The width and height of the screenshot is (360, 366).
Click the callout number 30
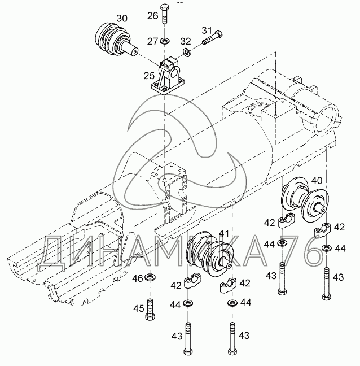pos(122,18)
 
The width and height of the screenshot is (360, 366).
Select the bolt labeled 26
pos(165,14)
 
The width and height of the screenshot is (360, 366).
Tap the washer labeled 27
pos(165,41)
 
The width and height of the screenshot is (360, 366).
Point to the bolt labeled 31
pos(212,38)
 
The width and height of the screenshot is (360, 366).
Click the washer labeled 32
pos(187,52)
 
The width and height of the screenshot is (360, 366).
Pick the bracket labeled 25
pos(168,77)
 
